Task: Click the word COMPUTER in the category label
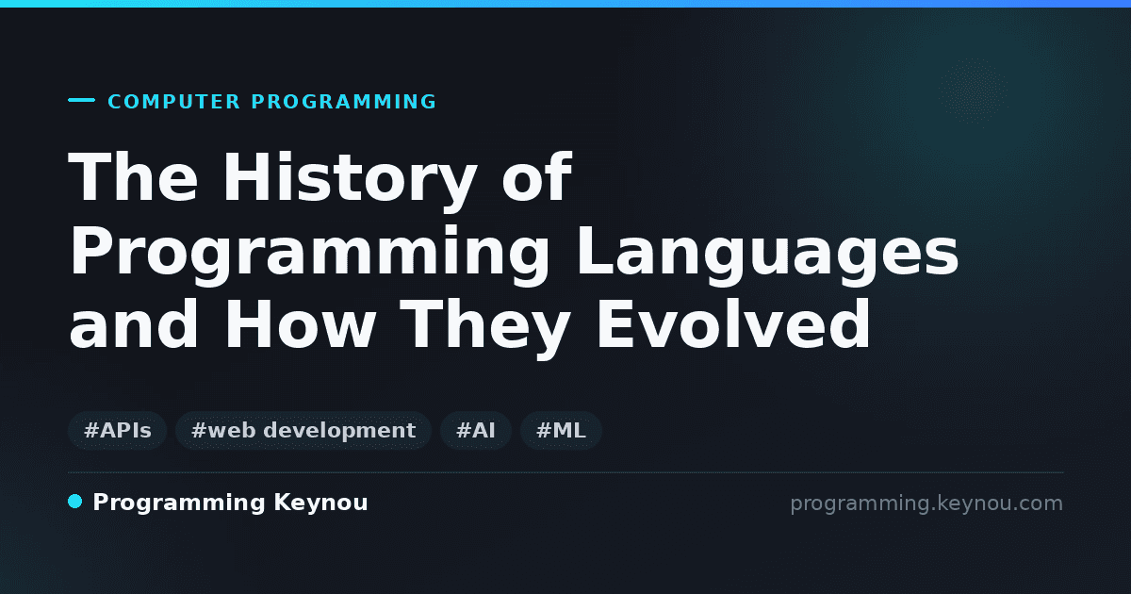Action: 174,102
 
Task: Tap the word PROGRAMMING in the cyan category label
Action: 344,102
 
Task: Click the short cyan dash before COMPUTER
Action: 81,100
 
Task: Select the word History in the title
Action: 350,179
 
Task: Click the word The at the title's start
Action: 133,177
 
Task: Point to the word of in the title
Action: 536,177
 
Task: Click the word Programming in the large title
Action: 309,256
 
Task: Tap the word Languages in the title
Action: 767,256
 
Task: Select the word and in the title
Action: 134,323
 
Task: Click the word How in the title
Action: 300,323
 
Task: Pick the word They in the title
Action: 488,327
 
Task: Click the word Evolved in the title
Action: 734,323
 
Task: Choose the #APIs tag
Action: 118,431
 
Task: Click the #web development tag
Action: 303,431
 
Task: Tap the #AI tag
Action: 476,431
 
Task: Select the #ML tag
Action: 561,431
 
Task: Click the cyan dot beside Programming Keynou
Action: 75,502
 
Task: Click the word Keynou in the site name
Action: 320,503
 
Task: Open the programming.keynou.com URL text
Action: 926,504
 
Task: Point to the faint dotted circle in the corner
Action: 973,91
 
